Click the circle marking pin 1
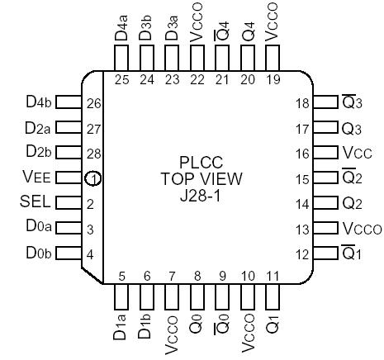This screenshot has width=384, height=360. click(x=95, y=178)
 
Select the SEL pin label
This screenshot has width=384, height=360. click(x=35, y=203)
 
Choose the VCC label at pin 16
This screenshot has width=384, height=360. click(x=357, y=154)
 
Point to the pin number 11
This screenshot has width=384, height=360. click(x=272, y=276)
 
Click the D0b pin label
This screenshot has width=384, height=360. click(x=37, y=253)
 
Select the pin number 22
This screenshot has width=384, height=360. click(x=197, y=80)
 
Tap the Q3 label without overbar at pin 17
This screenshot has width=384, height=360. click(x=352, y=129)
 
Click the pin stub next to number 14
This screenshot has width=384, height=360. click(x=325, y=203)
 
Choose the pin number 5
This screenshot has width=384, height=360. click(x=121, y=276)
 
